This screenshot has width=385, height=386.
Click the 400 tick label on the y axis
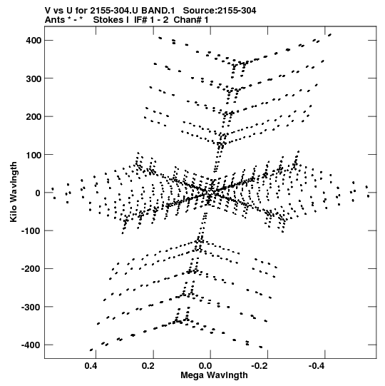[x=34, y=40]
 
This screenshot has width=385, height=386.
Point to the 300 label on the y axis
[x=34, y=78]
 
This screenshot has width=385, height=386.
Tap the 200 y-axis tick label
[x=34, y=116]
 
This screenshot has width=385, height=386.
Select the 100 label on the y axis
[x=34, y=155]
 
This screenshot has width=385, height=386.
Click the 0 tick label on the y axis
[x=38, y=193]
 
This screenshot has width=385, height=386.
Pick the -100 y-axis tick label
[x=31, y=231]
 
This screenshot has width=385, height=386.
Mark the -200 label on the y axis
[x=31, y=269]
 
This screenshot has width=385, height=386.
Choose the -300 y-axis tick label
[x=31, y=307]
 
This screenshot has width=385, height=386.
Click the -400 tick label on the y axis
[x=31, y=345]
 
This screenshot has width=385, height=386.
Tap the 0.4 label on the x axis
[x=91, y=366]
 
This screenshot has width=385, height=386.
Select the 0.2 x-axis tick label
[x=148, y=366]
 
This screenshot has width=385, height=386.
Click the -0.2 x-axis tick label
[x=260, y=366]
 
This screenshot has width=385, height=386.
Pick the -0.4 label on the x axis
[x=317, y=366]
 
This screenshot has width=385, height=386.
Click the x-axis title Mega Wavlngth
[x=214, y=375]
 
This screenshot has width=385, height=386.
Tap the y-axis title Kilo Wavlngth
[x=14, y=192]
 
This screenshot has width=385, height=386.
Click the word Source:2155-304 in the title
[x=220, y=11]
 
